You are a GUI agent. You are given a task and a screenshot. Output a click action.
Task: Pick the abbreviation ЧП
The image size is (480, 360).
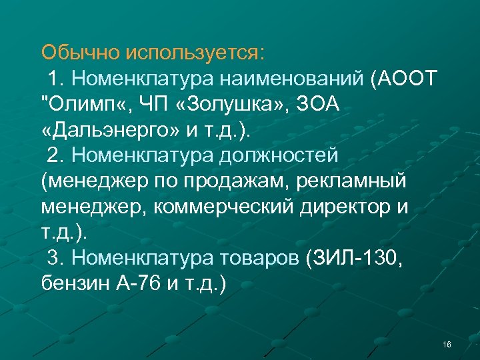[151, 105]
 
